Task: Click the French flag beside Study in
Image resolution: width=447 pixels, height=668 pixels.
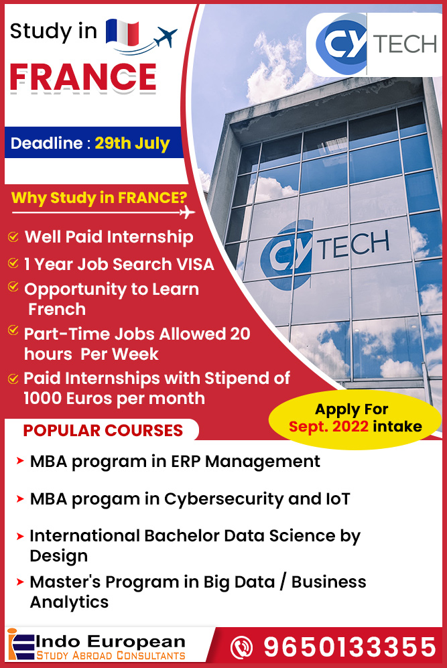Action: coord(122,31)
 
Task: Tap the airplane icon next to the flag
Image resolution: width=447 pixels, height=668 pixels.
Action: coord(165,39)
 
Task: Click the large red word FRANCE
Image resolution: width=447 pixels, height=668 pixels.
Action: coord(83,77)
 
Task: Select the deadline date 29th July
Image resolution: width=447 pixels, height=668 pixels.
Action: coord(132,143)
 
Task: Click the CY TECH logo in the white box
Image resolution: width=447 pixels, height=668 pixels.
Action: coord(375,44)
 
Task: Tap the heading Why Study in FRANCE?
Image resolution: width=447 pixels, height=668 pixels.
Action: coord(99,198)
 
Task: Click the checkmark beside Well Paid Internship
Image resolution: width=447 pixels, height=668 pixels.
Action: coord(13,237)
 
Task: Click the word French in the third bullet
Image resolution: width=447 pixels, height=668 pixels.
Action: coord(57,309)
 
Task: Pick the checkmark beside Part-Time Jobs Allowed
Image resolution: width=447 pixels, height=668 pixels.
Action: coord(13,331)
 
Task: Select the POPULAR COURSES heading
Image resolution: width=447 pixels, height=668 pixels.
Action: coord(103,430)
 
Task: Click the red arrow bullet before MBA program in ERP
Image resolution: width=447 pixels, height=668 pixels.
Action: coord(20,461)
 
